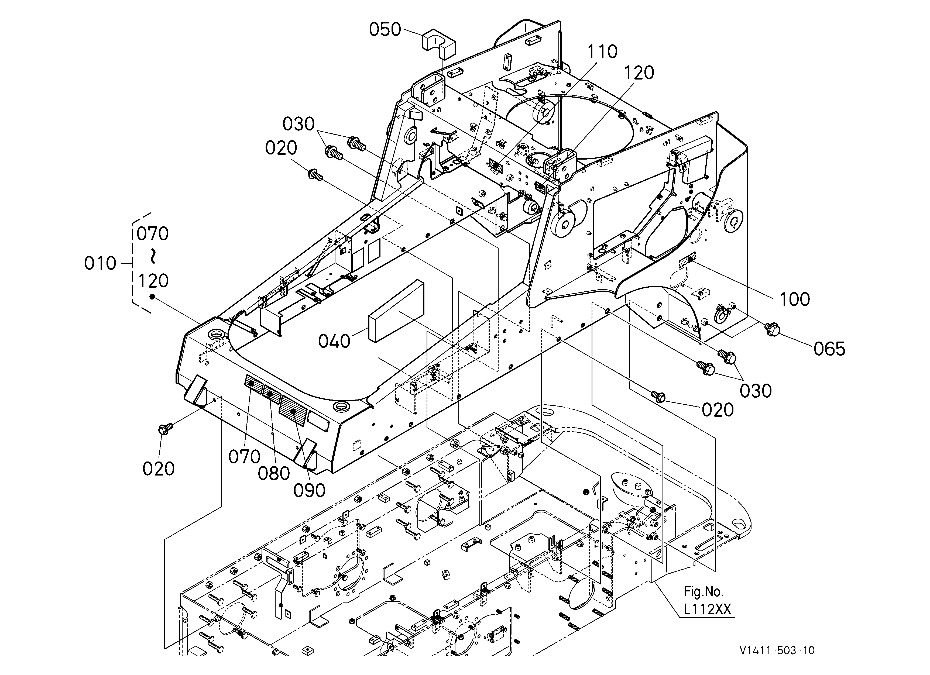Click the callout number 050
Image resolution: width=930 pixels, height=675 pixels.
(x=385, y=29)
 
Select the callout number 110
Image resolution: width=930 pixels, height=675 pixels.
(x=602, y=52)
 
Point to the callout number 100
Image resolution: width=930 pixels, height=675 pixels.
(x=795, y=299)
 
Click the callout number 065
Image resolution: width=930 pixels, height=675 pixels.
(x=829, y=349)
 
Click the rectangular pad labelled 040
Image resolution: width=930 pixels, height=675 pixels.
(x=396, y=310)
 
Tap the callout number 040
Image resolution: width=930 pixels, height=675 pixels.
(x=334, y=341)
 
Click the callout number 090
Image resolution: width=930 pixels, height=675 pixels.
(x=309, y=490)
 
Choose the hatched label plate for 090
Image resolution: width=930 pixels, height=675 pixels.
(x=293, y=411)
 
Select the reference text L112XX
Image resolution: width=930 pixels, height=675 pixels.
(x=707, y=609)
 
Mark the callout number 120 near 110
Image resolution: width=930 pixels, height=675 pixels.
(x=639, y=73)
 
